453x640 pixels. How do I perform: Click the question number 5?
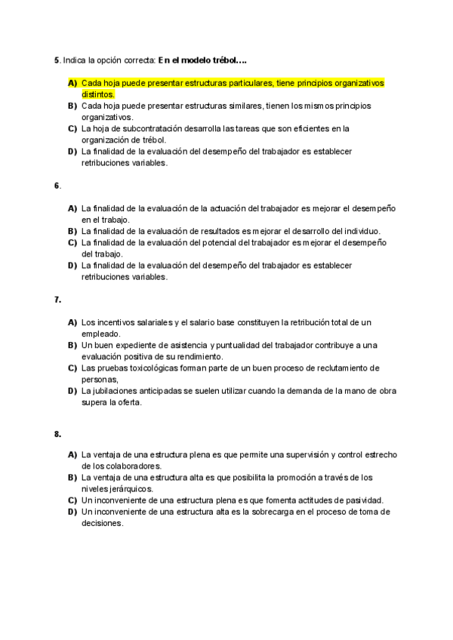pyautogui.click(x=57, y=60)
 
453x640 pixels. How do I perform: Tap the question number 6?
pyautogui.click(x=57, y=185)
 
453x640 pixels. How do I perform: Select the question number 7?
pyautogui.click(x=57, y=299)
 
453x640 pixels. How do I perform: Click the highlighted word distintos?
pyautogui.click(x=97, y=94)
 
